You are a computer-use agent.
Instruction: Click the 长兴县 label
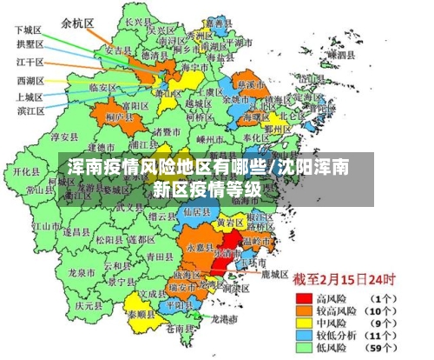pos(134,22)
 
